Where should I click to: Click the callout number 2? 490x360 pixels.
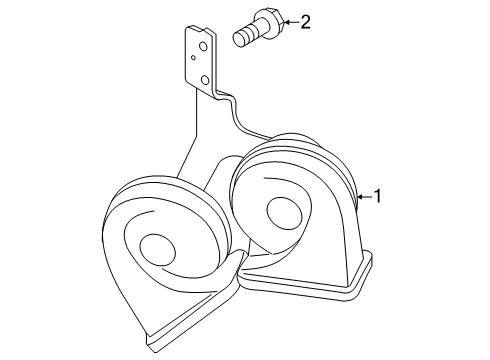305,20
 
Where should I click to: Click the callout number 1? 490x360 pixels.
379,196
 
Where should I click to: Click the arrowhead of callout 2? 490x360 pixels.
287,21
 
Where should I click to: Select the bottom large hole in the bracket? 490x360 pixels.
204,80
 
